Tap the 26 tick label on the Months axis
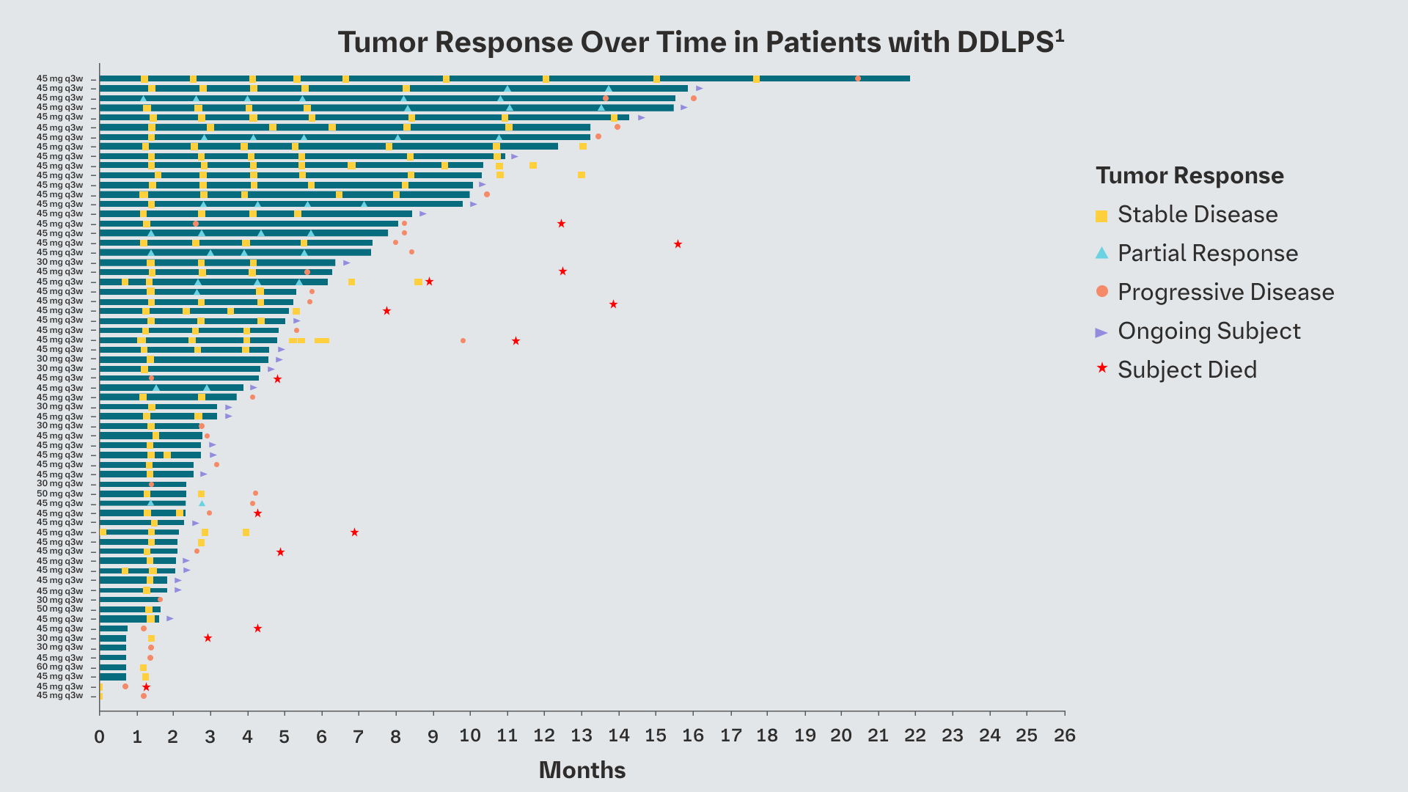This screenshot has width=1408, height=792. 1064,736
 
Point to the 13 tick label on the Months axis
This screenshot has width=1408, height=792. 582,736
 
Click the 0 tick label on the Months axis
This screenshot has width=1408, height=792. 100,736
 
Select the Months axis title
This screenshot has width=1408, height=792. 582,770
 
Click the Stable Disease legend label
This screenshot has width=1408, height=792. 1197,214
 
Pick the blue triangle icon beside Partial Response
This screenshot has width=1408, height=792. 1101,253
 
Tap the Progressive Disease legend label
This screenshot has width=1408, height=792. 1225,292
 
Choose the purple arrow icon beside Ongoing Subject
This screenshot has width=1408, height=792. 1101,332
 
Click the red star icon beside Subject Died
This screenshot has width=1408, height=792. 1101,368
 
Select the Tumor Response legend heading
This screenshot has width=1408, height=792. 1189,175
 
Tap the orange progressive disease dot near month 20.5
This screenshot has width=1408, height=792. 858,78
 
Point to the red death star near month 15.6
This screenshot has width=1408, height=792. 678,244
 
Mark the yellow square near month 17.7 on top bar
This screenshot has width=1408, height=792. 756,79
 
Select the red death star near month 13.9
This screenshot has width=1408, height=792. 613,304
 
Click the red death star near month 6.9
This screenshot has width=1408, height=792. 354,532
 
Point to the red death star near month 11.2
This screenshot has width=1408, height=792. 516,341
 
